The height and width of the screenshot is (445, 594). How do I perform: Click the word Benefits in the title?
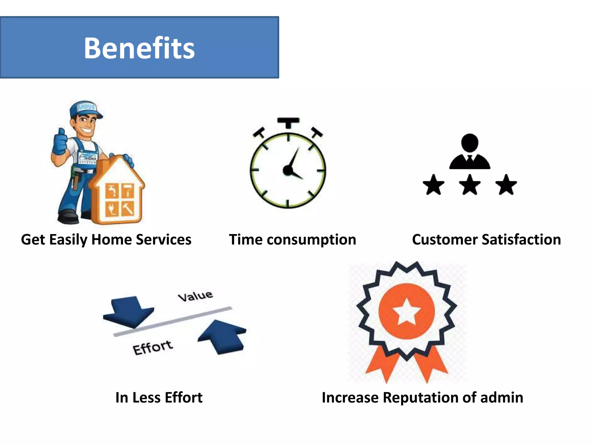(139, 48)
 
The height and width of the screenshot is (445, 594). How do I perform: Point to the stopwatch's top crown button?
(288, 122)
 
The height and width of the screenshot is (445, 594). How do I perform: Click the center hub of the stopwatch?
(287, 170)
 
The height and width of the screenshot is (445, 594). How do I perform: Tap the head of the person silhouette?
(470, 143)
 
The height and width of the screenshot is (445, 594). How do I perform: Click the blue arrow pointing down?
(129, 311)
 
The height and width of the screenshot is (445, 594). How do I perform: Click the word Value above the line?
(195, 296)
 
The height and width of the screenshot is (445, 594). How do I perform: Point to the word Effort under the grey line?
(153, 347)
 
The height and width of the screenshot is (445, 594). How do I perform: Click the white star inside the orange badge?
(406, 311)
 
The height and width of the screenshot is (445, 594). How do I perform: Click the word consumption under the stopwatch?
(311, 240)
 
